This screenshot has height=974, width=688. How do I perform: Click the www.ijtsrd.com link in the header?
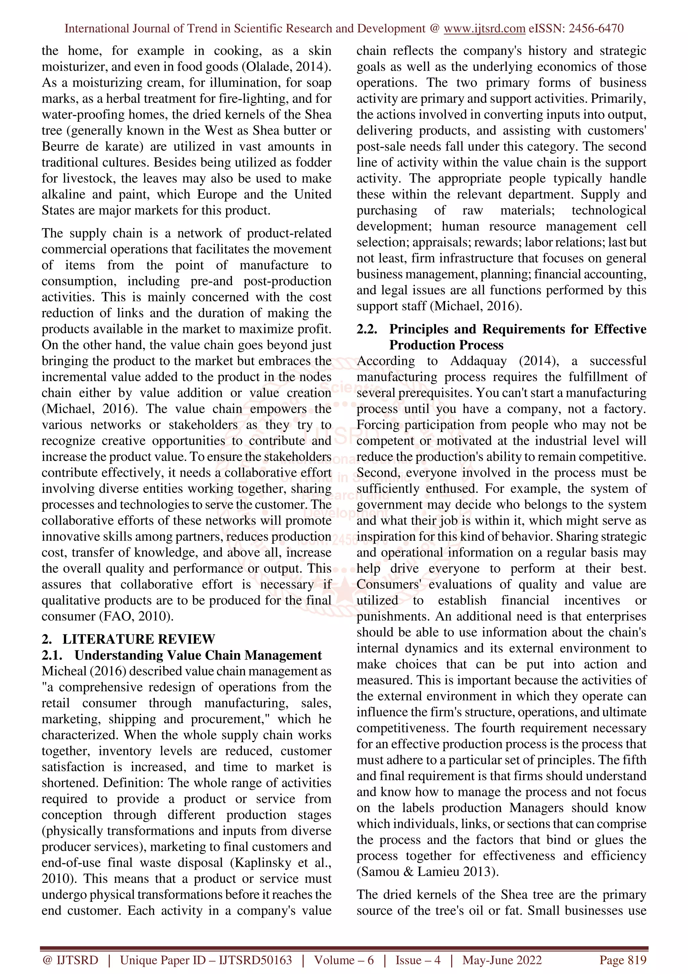[484, 29]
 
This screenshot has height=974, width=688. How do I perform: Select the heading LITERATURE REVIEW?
[139, 639]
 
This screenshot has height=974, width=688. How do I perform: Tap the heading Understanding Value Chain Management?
[198, 655]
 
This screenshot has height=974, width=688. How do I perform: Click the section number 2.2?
[367, 329]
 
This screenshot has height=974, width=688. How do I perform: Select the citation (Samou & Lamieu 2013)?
[427, 871]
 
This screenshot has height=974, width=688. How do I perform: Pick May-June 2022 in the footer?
[502, 960]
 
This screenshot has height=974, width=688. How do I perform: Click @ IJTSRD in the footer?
[70, 960]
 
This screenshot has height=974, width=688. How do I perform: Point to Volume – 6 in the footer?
[344, 960]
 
